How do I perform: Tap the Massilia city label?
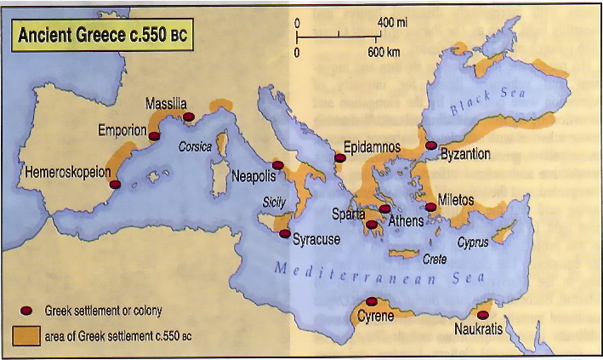click(166, 103)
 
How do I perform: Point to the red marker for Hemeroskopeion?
click(115, 184)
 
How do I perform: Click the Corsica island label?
click(195, 146)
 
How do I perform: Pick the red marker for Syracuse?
click(284, 234)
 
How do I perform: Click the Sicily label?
click(274, 203)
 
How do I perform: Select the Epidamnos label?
click(372, 146)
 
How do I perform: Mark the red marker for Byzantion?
click(431, 146)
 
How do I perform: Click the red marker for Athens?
click(385, 209)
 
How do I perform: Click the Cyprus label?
click(473, 243)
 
